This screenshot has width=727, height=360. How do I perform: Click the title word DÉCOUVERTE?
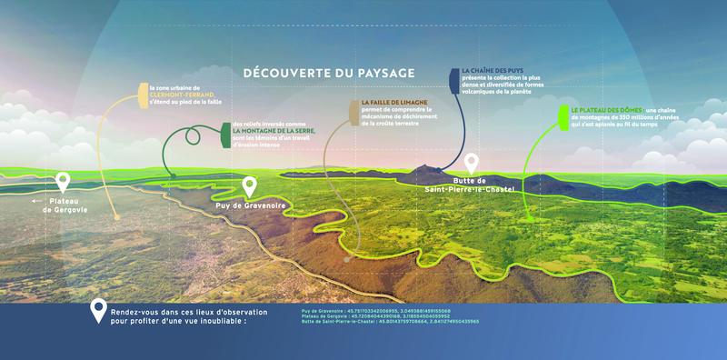coord(285,72)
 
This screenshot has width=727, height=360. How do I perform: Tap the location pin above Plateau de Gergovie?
coord(63,182)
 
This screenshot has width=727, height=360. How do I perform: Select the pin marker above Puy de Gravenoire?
coord(251,187)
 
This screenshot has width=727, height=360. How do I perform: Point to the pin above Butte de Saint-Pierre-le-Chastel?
coord(471,164)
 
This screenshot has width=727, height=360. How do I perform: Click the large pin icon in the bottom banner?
coord(97,312)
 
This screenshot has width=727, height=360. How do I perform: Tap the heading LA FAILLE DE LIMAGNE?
coord(393,102)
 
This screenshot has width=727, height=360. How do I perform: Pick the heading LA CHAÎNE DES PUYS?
coord(493,71)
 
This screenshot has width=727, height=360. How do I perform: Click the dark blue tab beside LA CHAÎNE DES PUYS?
coord(454,79)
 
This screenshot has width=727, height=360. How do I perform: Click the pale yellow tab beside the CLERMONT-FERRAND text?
coord(143,95)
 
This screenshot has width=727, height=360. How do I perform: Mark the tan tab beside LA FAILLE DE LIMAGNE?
coord(354,110)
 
